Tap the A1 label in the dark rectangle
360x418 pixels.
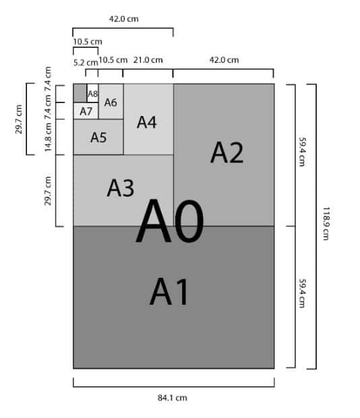[171, 292]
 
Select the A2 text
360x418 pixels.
[227, 152]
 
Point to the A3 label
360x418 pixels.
[121, 188]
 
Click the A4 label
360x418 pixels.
[147, 122]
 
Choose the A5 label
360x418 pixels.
[98, 138]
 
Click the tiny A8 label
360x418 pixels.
[93, 94]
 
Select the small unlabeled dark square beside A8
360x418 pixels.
[80, 92]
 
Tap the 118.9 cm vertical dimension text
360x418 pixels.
[326, 225]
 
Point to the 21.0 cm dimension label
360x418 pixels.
[148, 59]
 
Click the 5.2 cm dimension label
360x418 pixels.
[85, 62]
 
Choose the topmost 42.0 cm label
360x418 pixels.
[123, 18]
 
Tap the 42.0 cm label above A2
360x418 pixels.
[224, 59]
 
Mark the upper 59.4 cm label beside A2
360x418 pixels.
[302, 154]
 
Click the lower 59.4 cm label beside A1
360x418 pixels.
[302, 296]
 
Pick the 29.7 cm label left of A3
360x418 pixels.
[48, 191]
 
